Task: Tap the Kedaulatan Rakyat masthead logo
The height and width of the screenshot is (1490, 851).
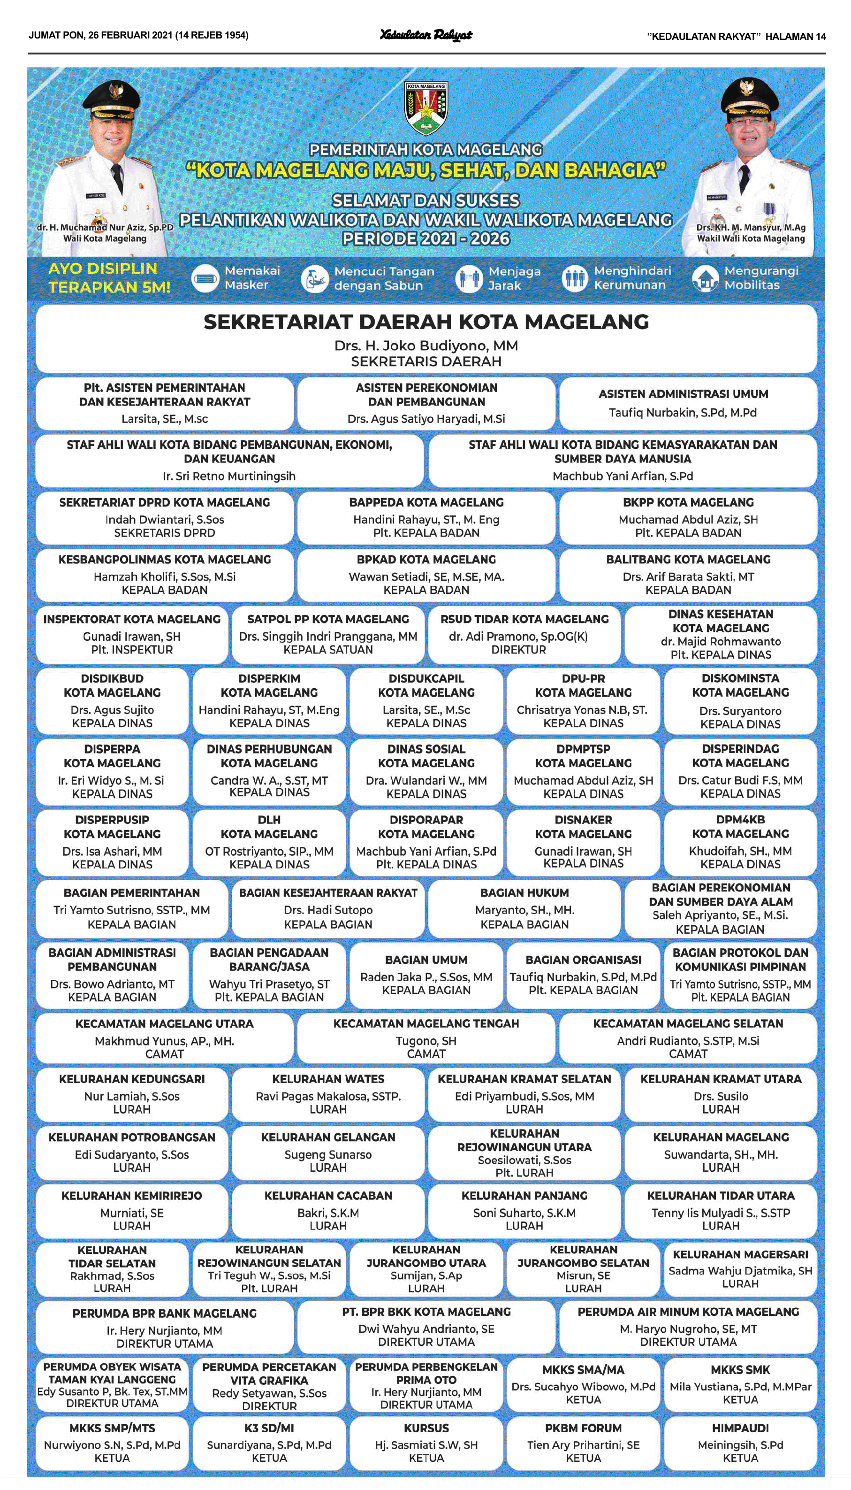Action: point(426,36)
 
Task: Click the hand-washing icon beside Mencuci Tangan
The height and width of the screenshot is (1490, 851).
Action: point(314,279)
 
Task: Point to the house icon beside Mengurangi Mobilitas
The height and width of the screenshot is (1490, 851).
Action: point(705,279)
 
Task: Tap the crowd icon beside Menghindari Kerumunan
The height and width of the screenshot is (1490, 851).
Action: point(575,279)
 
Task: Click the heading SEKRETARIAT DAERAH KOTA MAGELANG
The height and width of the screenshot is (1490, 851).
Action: point(426,322)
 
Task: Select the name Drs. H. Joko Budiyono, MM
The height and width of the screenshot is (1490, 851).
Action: point(426,346)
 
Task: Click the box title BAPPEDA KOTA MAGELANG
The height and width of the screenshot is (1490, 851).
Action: point(426,502)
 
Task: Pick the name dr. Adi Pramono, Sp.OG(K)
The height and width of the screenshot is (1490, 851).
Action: point(518,636)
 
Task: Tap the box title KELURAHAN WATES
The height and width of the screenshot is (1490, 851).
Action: point(328,1079)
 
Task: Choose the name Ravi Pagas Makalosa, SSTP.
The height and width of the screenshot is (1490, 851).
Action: point(328,1097)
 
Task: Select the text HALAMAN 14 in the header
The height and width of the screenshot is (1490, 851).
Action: point(796,36)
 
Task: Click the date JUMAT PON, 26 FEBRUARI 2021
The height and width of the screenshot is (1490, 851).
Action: point(100,36)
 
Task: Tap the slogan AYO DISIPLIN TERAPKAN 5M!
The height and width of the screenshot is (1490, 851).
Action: point(109,278)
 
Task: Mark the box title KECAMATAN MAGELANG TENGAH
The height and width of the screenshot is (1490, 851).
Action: point(426,1023)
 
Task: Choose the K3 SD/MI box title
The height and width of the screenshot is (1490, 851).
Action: point(269,1428)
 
